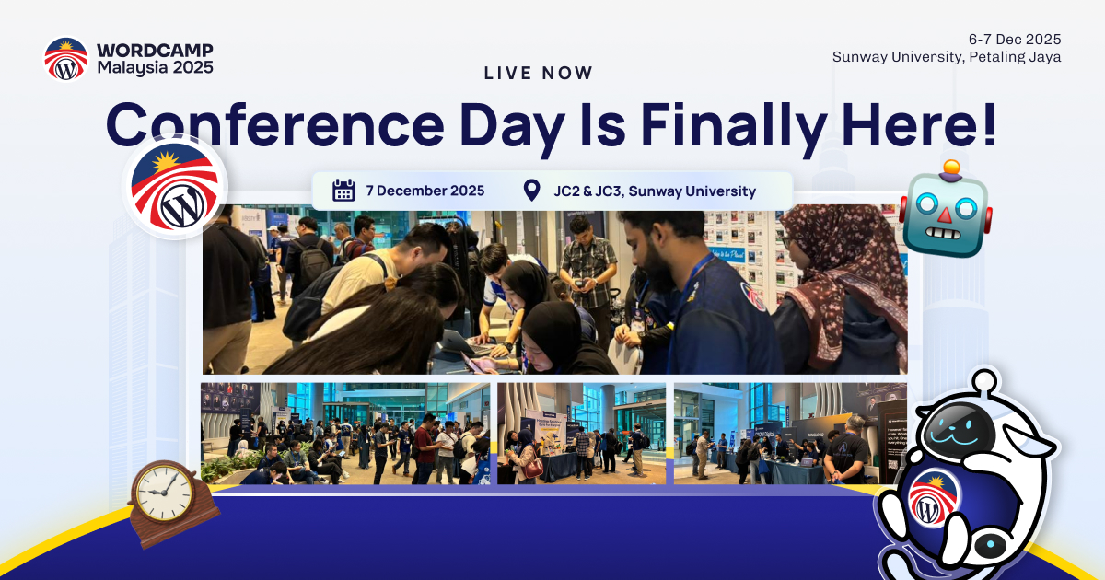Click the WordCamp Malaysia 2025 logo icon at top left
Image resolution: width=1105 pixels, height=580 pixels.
coord(65,58)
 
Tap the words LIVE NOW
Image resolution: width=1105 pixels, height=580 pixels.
coord(539,74)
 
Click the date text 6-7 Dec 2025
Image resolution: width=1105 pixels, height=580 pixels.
coord(1014,39)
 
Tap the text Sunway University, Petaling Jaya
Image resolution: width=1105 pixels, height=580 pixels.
coord(947,56)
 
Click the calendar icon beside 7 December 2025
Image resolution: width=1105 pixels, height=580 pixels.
coord(343,191)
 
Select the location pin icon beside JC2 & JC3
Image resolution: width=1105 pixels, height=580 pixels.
coord(531,191)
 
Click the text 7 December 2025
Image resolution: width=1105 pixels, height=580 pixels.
coord(425,191)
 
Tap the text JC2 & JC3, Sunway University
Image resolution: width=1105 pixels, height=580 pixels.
coord(654,191)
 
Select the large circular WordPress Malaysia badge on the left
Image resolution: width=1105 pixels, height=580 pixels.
coord(175,187)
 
